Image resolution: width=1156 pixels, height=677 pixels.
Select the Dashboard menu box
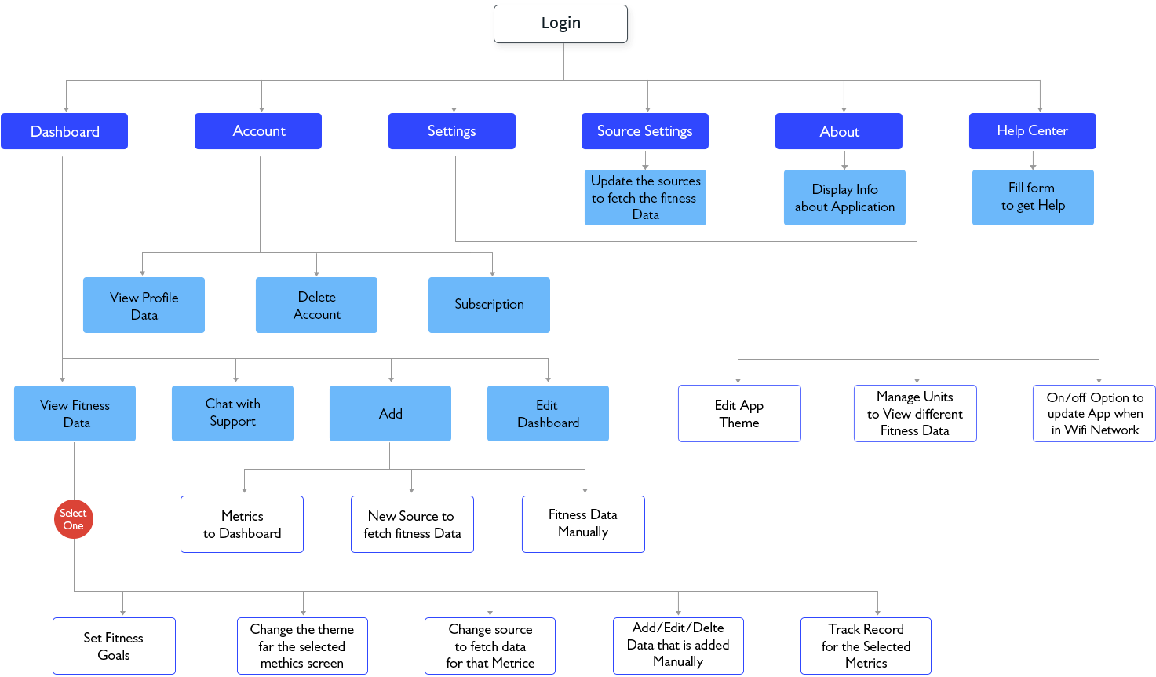tap(64, 131)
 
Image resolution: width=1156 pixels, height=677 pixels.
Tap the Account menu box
tap(258, 131)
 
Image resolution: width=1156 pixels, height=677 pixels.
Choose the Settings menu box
tap(452, 131)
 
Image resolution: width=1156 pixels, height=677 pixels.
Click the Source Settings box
tap(645, 131)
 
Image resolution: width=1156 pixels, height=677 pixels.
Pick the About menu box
tap(838, 131)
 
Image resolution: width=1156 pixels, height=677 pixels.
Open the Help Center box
tap(1032, 131)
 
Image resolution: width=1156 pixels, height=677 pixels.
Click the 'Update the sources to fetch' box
tap(645, 197)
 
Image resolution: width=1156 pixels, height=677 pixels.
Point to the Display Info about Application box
tap(844, 198)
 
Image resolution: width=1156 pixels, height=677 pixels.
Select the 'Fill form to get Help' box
tap(1033, 197)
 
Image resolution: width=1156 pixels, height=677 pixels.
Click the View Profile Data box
tap(144, 306)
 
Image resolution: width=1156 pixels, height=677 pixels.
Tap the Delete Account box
tap(316, 306)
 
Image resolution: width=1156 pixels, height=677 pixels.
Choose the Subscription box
tap(489, 305)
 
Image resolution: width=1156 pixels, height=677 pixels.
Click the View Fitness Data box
tap(75, 413)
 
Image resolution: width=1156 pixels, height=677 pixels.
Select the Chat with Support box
tap(232, 413)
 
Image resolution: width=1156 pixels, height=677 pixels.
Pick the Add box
tap(390, 413)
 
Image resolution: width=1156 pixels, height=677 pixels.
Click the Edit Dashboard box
tap(548, 413)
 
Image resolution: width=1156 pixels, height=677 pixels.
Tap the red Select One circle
tap(74, 519)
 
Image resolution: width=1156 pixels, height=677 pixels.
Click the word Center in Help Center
tap(1048, 130)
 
